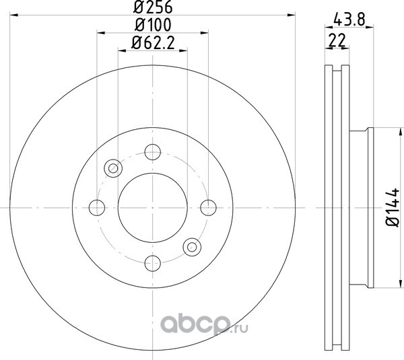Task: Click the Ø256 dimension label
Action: [x=153, y=7]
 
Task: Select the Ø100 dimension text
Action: [x=153, y=25]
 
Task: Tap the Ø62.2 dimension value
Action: [x=153, y=43]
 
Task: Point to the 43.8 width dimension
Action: [x=349, y=20]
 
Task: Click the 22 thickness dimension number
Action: [x=337, y=40]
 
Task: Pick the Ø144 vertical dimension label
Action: [x=392, y=207]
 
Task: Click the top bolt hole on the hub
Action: [x=153, y=152]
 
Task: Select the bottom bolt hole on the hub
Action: [x=153, y=263]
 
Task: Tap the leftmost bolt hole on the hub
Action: [x=97, y=207]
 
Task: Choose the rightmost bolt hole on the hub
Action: [x=209, y=207]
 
